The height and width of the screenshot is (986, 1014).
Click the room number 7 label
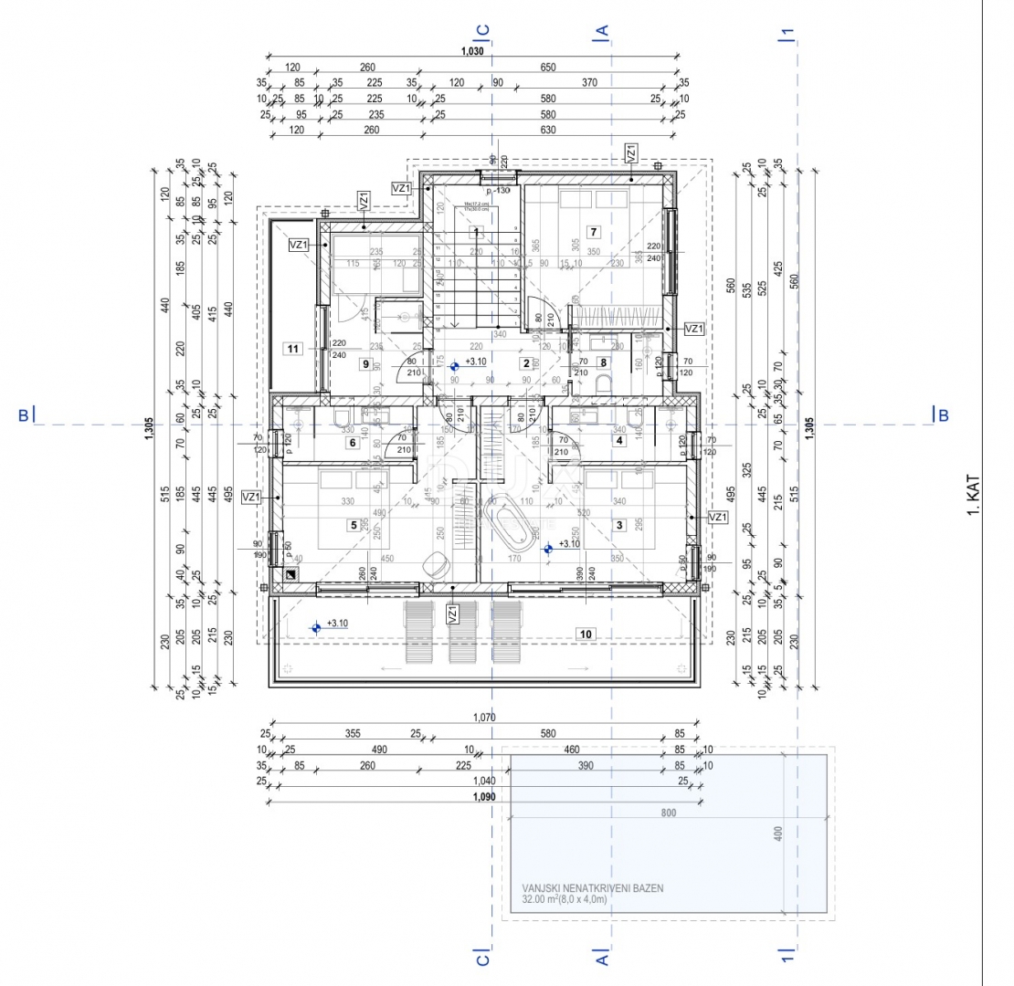[x=594, y=231]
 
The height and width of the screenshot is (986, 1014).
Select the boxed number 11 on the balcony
[x=293, y=348]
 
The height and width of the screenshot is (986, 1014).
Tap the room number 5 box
[x=353, y=525]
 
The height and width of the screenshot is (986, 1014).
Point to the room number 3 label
[x=619, y=525]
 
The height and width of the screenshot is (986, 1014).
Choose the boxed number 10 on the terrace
[x=586, y=633]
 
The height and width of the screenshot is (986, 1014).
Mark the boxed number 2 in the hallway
[x=526, y=362]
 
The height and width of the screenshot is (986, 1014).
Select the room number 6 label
[x=353, y=444]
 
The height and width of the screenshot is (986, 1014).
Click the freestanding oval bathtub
[x=509, y=522]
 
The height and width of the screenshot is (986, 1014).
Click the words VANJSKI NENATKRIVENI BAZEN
[x=593, y=887]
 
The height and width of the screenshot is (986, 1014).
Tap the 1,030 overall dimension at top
[x=472, y=51]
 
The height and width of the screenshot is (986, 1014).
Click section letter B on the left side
[x=23, y=415]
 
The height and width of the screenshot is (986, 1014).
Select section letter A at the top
[x=602, y=30]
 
